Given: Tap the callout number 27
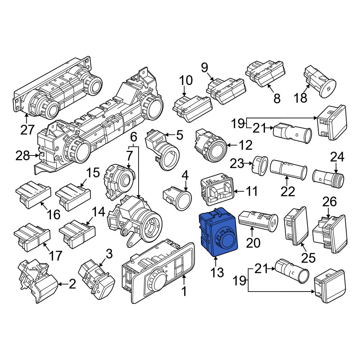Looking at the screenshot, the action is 27,130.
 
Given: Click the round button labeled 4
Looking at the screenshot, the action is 177,198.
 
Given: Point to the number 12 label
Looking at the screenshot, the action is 246,145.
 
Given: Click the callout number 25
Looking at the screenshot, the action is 308,258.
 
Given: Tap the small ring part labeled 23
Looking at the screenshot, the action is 260,165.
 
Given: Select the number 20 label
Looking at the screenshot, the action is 253,243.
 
